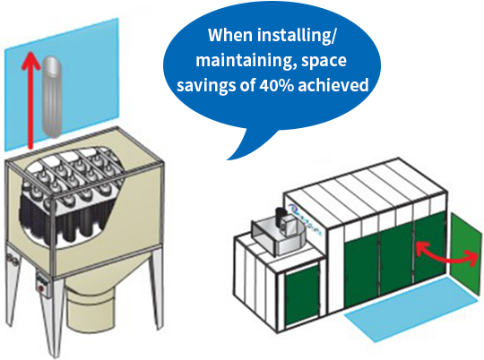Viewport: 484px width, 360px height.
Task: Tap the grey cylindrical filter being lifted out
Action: (x=52, y=97)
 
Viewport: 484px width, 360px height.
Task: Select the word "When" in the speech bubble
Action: (x=230, y=35)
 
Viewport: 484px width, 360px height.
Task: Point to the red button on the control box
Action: (x=40, y=288)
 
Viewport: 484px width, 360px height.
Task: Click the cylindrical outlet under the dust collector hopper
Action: (x=90, y=310)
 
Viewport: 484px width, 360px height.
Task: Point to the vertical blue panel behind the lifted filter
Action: (x=62, y=84)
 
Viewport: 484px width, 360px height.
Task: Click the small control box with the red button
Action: (x=41, y=283)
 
